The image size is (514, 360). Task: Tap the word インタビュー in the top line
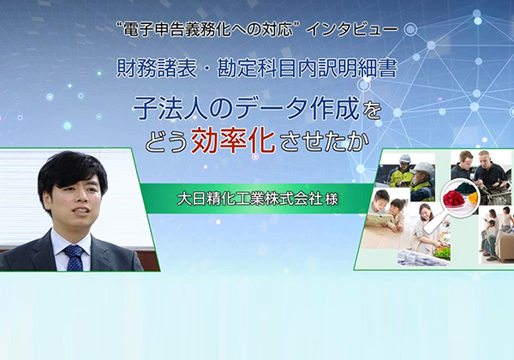click(351, 30)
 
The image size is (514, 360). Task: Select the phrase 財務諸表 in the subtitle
click(157, 69)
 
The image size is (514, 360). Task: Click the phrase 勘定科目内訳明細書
click(308, 69)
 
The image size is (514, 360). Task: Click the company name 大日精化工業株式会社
click(248, 198)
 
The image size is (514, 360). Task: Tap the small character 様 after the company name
click(332, 199)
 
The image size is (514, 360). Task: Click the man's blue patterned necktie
click(75, 257)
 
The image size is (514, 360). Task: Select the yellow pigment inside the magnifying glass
click(473, 197)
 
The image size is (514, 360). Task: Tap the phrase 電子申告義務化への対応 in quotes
click(205, 30)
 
